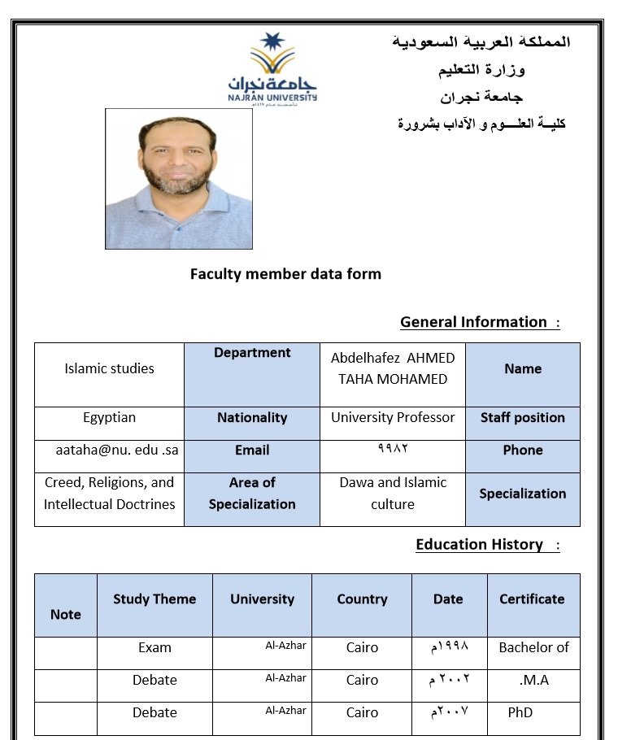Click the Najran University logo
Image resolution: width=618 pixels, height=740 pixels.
point(272,70)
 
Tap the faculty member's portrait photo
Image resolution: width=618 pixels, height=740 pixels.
point(179,179)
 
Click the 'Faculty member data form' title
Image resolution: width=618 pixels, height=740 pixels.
point(285,274)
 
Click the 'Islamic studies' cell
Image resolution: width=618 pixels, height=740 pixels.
point(109,368)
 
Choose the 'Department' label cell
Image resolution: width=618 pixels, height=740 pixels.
point(252,353)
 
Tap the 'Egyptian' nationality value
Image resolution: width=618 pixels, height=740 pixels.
point(109,418)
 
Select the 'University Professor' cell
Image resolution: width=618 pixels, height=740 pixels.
point(393,418)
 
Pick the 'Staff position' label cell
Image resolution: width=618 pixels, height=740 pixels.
point(523,418)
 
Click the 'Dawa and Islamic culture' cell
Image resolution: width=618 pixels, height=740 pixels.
point(393,494)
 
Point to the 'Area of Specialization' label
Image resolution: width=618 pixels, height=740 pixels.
point(252,494)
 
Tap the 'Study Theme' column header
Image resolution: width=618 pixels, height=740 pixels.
point(154,599)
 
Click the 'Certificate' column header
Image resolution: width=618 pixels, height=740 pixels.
point(532,599)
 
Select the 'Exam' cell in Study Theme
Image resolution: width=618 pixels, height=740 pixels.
point(154,648)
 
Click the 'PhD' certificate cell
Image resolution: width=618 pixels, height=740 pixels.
point(520,713)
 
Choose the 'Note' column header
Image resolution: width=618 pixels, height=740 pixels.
point(66,615)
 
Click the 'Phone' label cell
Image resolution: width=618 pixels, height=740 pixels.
point(523,451)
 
